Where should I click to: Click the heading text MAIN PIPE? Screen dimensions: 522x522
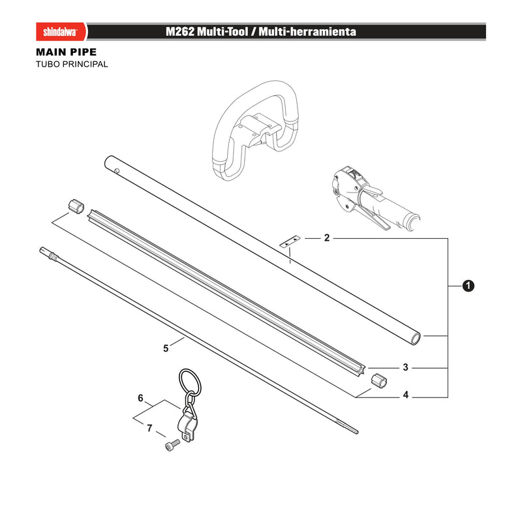pyautogui.click(x=67, y=52)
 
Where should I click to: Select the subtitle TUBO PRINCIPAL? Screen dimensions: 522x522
pyautogui.click(x=72, y=64)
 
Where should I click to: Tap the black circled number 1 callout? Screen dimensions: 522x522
pyautogui.click(x=468, y=286)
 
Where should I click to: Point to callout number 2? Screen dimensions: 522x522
pyautogui.click(x=327, y=238)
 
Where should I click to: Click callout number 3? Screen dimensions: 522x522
pyautogui.click(x=405, y=367)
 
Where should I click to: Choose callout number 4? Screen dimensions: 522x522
pyautogui.click(x=405, y=395)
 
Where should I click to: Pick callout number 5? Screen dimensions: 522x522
pyautogui.click(x=166, y=348)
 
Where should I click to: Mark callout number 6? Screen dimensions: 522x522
pyautogui.click(x=140, y=398)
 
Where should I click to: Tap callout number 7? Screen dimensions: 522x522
pyautogui.click(x=149, y=428)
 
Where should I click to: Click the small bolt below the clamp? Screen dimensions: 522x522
pyautogui.click(x=172, y=445)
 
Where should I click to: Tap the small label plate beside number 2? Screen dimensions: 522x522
pyautogui.click(x=290, y=241)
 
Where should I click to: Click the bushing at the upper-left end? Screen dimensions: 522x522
pyautogui.click(x=76, y=206)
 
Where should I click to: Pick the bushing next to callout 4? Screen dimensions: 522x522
pyautogui.click(x=379, y=380)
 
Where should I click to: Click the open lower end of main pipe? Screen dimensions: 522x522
pyautogui.click(x=416, y=339)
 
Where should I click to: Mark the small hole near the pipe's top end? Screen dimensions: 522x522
pyautogui.click(x=117, y=171)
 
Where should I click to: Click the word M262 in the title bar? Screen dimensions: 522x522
pyautogui.click(x=180, y=32)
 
